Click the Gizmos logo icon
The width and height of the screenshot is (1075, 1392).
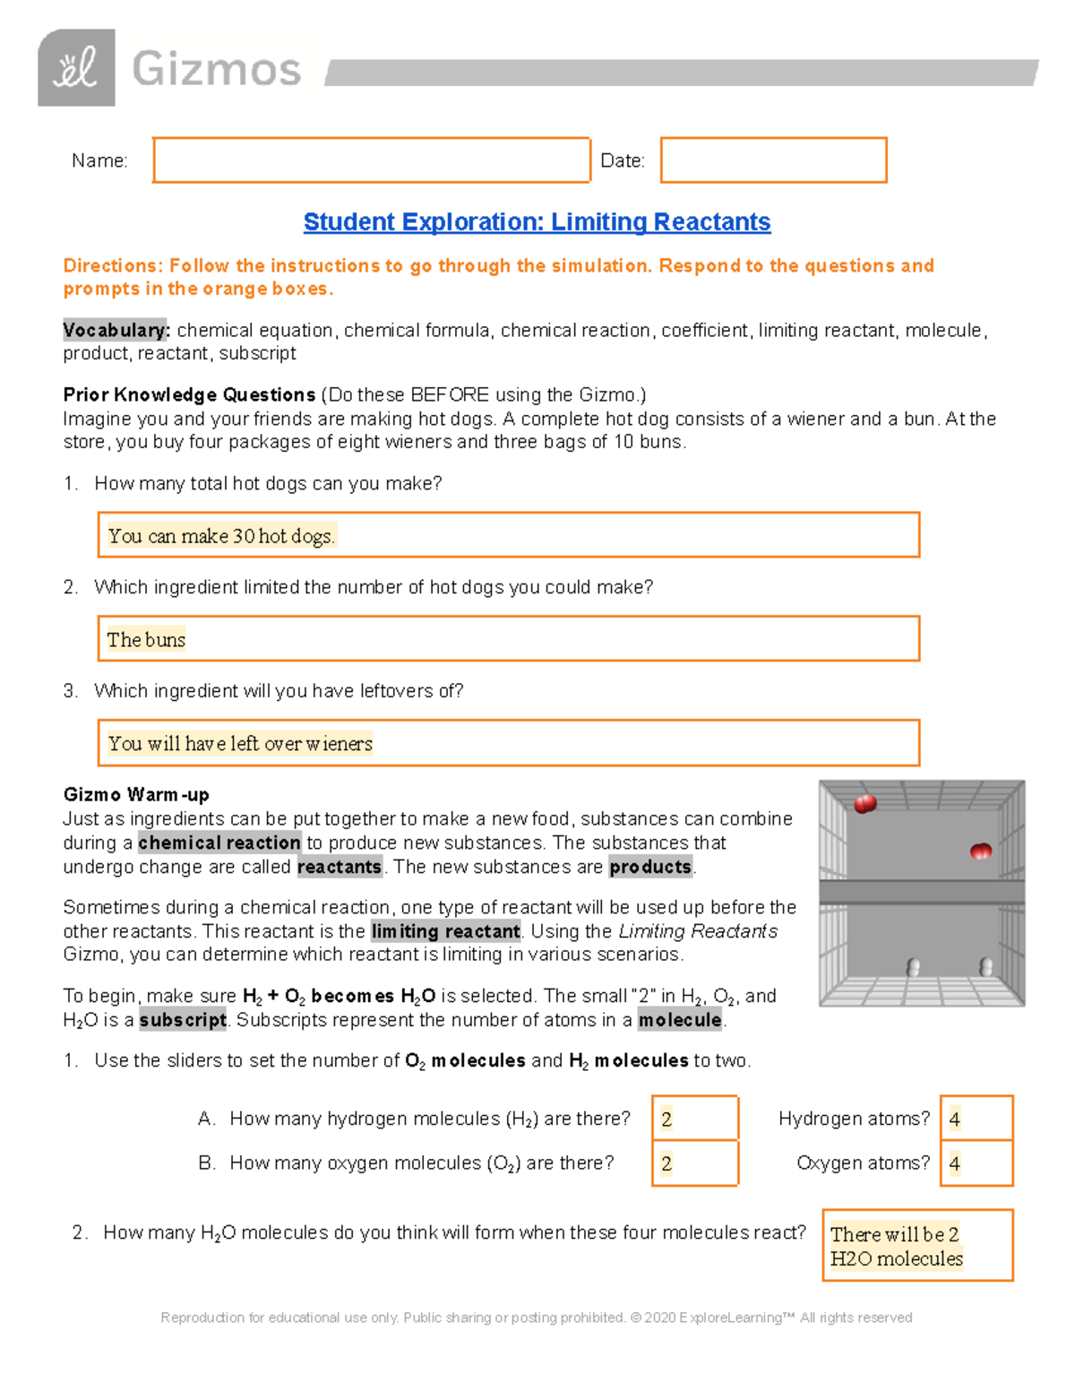click(76, 68)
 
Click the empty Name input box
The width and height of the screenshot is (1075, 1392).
click(371, 160)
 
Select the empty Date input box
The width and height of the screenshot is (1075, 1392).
click(773, 160)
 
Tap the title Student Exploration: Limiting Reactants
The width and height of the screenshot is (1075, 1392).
click(537, 222)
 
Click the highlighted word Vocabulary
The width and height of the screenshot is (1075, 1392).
click(116, 330)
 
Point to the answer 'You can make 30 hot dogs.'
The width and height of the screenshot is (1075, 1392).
click(221, 536)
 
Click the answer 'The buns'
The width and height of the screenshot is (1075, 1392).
click(146, 640)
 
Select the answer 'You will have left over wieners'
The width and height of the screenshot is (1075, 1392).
click(239, 743)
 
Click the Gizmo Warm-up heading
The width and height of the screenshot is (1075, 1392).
click(136, 795)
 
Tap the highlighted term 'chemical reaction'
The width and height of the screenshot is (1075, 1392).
click(219, 843)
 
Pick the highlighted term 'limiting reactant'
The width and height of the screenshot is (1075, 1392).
click(445, 931)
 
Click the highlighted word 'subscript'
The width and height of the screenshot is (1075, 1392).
click(183, 1020)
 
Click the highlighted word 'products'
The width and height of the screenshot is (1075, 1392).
click(650, 867)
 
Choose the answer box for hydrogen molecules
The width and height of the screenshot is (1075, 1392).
click(694, 1119)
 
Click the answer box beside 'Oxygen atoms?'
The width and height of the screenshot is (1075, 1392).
click(976, 1163)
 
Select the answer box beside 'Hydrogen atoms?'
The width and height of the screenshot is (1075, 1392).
click(976, 1119)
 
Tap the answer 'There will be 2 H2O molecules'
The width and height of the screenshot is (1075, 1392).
click(896, 1246)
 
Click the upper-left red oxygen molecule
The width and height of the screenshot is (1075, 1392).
click(865, 804)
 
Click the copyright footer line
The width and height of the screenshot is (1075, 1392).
click(536, 1318)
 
